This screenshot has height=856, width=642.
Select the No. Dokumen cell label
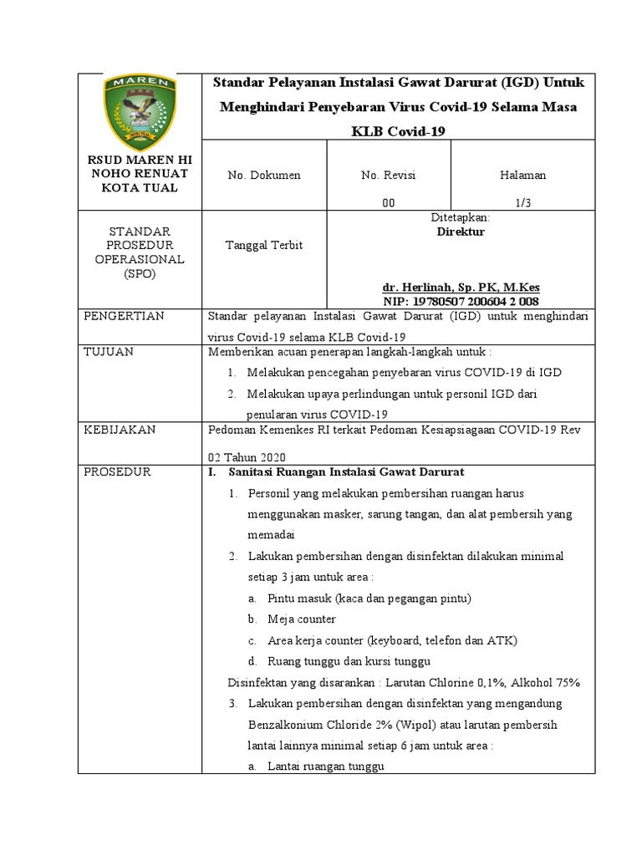point(264,176)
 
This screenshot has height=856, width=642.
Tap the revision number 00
point(388,201)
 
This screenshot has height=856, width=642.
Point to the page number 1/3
point(522,201)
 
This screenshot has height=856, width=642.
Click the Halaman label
point(522,176)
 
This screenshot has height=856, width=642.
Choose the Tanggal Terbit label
point(264,245)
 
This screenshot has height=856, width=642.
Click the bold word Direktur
point(461,232)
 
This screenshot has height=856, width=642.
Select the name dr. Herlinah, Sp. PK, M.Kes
point(471,287)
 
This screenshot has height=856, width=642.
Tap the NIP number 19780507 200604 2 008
point(471,301)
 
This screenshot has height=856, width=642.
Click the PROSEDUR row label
point(117,472)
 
